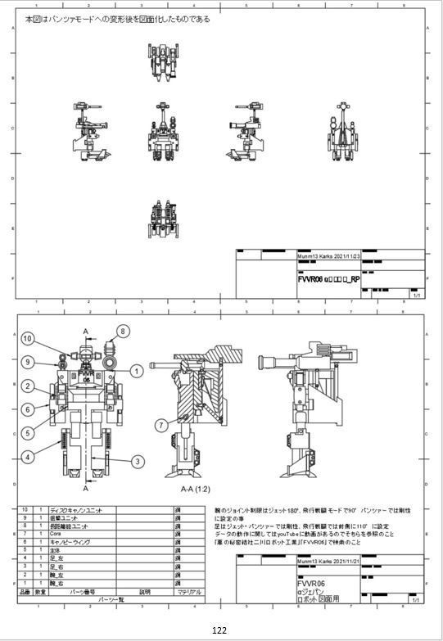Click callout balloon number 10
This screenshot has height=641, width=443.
[27, 338]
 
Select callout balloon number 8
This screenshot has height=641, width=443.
[123, 331]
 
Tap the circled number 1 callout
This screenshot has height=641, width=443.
[136, 371]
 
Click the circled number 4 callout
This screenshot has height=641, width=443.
[27, 457]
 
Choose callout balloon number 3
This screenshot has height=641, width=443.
[138, 462]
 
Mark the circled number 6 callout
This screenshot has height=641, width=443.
[27, 409]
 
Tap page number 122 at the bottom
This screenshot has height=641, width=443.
[219, 630]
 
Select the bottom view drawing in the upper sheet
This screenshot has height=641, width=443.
[164, 219]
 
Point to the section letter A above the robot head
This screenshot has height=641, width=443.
[86, 331]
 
